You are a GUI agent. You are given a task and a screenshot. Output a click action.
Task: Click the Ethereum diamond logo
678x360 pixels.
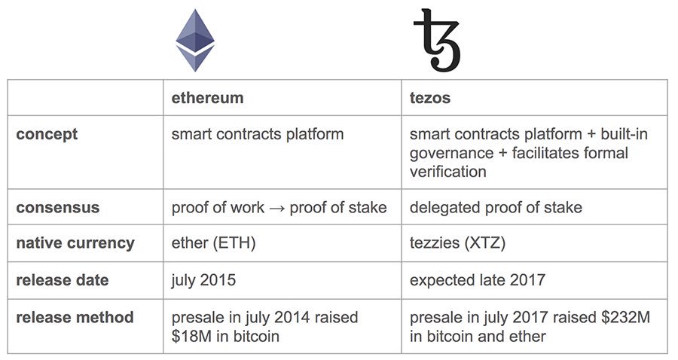point(194,40)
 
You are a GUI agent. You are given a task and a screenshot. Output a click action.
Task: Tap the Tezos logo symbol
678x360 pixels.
point(436,40)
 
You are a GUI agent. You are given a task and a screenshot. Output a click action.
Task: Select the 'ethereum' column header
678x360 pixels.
point(207,98)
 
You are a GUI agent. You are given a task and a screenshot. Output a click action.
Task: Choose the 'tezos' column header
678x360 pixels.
point(430,98)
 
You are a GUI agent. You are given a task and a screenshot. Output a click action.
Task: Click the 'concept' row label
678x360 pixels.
point(47,135)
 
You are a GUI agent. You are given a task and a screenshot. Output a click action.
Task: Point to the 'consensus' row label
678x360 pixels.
point(57,207)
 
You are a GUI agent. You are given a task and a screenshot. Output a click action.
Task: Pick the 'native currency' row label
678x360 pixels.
point(75,243)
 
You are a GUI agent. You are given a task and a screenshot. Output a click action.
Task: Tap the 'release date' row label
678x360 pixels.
point(63,280)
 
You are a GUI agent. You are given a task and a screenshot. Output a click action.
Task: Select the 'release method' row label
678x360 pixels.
point(75,317)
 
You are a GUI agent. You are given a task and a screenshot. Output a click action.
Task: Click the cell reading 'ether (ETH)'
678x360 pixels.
point(210,243)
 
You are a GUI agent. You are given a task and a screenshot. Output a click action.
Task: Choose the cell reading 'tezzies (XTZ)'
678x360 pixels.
point(457,243)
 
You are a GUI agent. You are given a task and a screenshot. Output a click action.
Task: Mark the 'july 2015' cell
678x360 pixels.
point(203,280)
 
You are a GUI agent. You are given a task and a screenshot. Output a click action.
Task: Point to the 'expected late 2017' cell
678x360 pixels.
point(478,280)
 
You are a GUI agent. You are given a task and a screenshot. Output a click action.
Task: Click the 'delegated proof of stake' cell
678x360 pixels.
point(496,207)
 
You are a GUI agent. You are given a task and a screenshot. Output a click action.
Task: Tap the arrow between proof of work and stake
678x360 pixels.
point(276,208)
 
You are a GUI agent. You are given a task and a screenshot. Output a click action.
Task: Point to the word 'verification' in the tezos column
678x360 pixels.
point(447,171)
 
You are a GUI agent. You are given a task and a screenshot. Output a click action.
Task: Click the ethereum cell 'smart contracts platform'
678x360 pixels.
point(258,135)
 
